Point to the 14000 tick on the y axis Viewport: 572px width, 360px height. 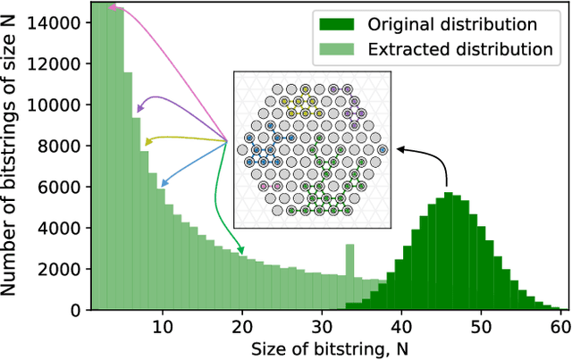point(39,21)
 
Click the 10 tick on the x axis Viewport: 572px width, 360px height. point(162,327)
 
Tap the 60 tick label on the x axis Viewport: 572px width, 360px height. point(559,327)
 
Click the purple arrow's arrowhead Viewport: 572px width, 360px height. point(138,111)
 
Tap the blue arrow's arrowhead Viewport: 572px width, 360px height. point(161,185)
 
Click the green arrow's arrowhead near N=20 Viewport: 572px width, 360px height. point(242,255)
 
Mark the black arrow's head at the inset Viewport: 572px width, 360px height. point(396,150)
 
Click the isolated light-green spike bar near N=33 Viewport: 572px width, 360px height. point(350,259)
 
